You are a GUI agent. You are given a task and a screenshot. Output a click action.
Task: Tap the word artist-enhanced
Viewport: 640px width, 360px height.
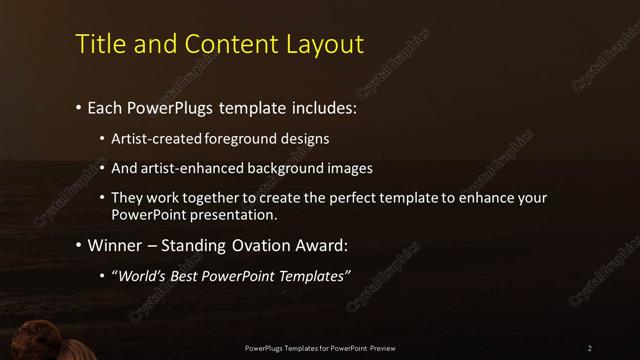[x=192, y=168]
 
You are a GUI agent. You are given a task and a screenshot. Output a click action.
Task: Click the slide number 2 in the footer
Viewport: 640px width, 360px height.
[x=590, y=348]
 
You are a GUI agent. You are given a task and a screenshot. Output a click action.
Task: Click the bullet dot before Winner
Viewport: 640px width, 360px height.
[x=78, y=245]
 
